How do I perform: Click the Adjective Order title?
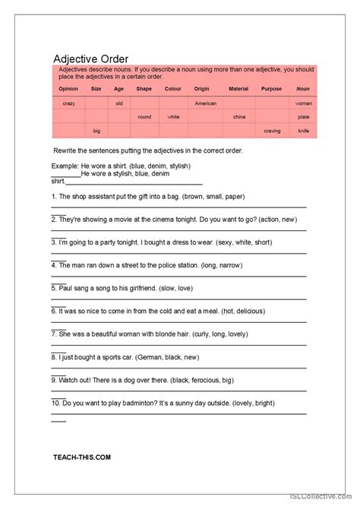90,58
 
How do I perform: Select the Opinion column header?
68,89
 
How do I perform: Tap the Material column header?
238,89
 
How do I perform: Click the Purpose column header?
271,89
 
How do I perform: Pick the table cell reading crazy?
68,103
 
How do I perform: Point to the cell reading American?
205,103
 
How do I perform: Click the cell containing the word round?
144,117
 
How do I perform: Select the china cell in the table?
238,117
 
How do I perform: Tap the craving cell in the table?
271,131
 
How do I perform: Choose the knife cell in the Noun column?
303,131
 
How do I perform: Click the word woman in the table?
303,103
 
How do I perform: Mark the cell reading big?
96,131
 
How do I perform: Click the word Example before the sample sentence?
64,166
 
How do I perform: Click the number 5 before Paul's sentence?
53,288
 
